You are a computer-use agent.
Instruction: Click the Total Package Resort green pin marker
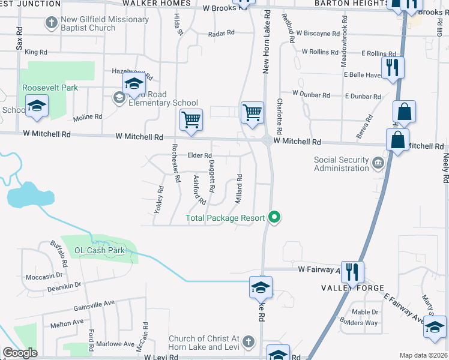click(x=275, y=217)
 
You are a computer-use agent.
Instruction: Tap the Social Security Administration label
click(x=341, y=164)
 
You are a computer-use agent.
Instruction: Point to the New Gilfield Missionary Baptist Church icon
click(x=52, y=23)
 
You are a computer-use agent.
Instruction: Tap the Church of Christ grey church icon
click(x=250, y=343)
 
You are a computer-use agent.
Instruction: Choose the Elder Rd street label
click(x=199, y=155)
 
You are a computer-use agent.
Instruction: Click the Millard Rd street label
click(x=239, y=188)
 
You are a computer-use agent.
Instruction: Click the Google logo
click(x=20, y=353)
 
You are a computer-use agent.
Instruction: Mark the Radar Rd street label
click(x=221, y=34)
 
